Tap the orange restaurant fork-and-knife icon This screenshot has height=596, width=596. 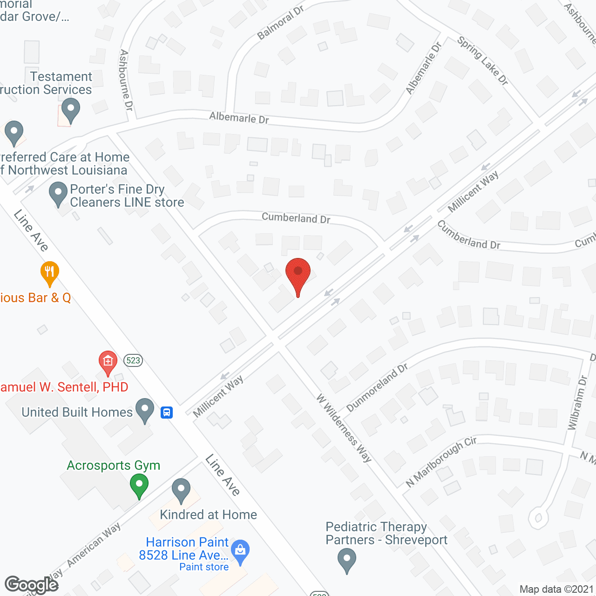(x=49, y=272)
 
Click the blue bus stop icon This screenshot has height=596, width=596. (x=167, y=413)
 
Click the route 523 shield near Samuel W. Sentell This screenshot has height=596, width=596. (x=133, y=360)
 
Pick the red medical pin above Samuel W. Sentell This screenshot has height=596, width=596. (x=108, y=362)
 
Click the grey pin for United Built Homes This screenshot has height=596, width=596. (x=145, y=409)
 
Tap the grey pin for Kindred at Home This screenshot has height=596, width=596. (x=181, y=489)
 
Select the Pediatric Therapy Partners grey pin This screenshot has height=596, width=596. (x=346, y=559)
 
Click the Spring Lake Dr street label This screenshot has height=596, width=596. (x=482, y=61)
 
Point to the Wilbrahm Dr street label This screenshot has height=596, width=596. (x=577, y=403)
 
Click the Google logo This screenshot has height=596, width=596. (x=32, y=585)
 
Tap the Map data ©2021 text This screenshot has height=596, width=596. (x=556, y=589)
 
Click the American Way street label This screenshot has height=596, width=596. (x=94, y=545)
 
